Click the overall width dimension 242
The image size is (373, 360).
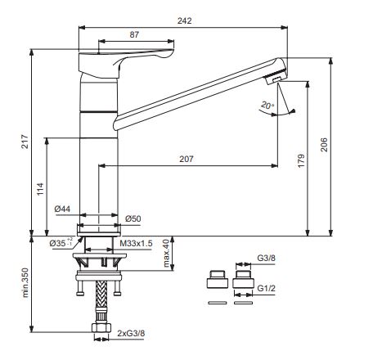[185, 20]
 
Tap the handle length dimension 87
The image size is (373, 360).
[134, 34]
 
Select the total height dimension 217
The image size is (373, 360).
[25, 142]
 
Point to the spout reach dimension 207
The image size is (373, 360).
[186, 159]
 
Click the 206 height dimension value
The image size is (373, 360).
[324, 145]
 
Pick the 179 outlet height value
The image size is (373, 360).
[301, 160]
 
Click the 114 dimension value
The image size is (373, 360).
[40, 189]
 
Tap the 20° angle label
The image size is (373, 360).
[267, 106]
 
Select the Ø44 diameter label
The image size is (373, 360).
[62, 209]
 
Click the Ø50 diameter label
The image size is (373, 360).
[133, 218]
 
